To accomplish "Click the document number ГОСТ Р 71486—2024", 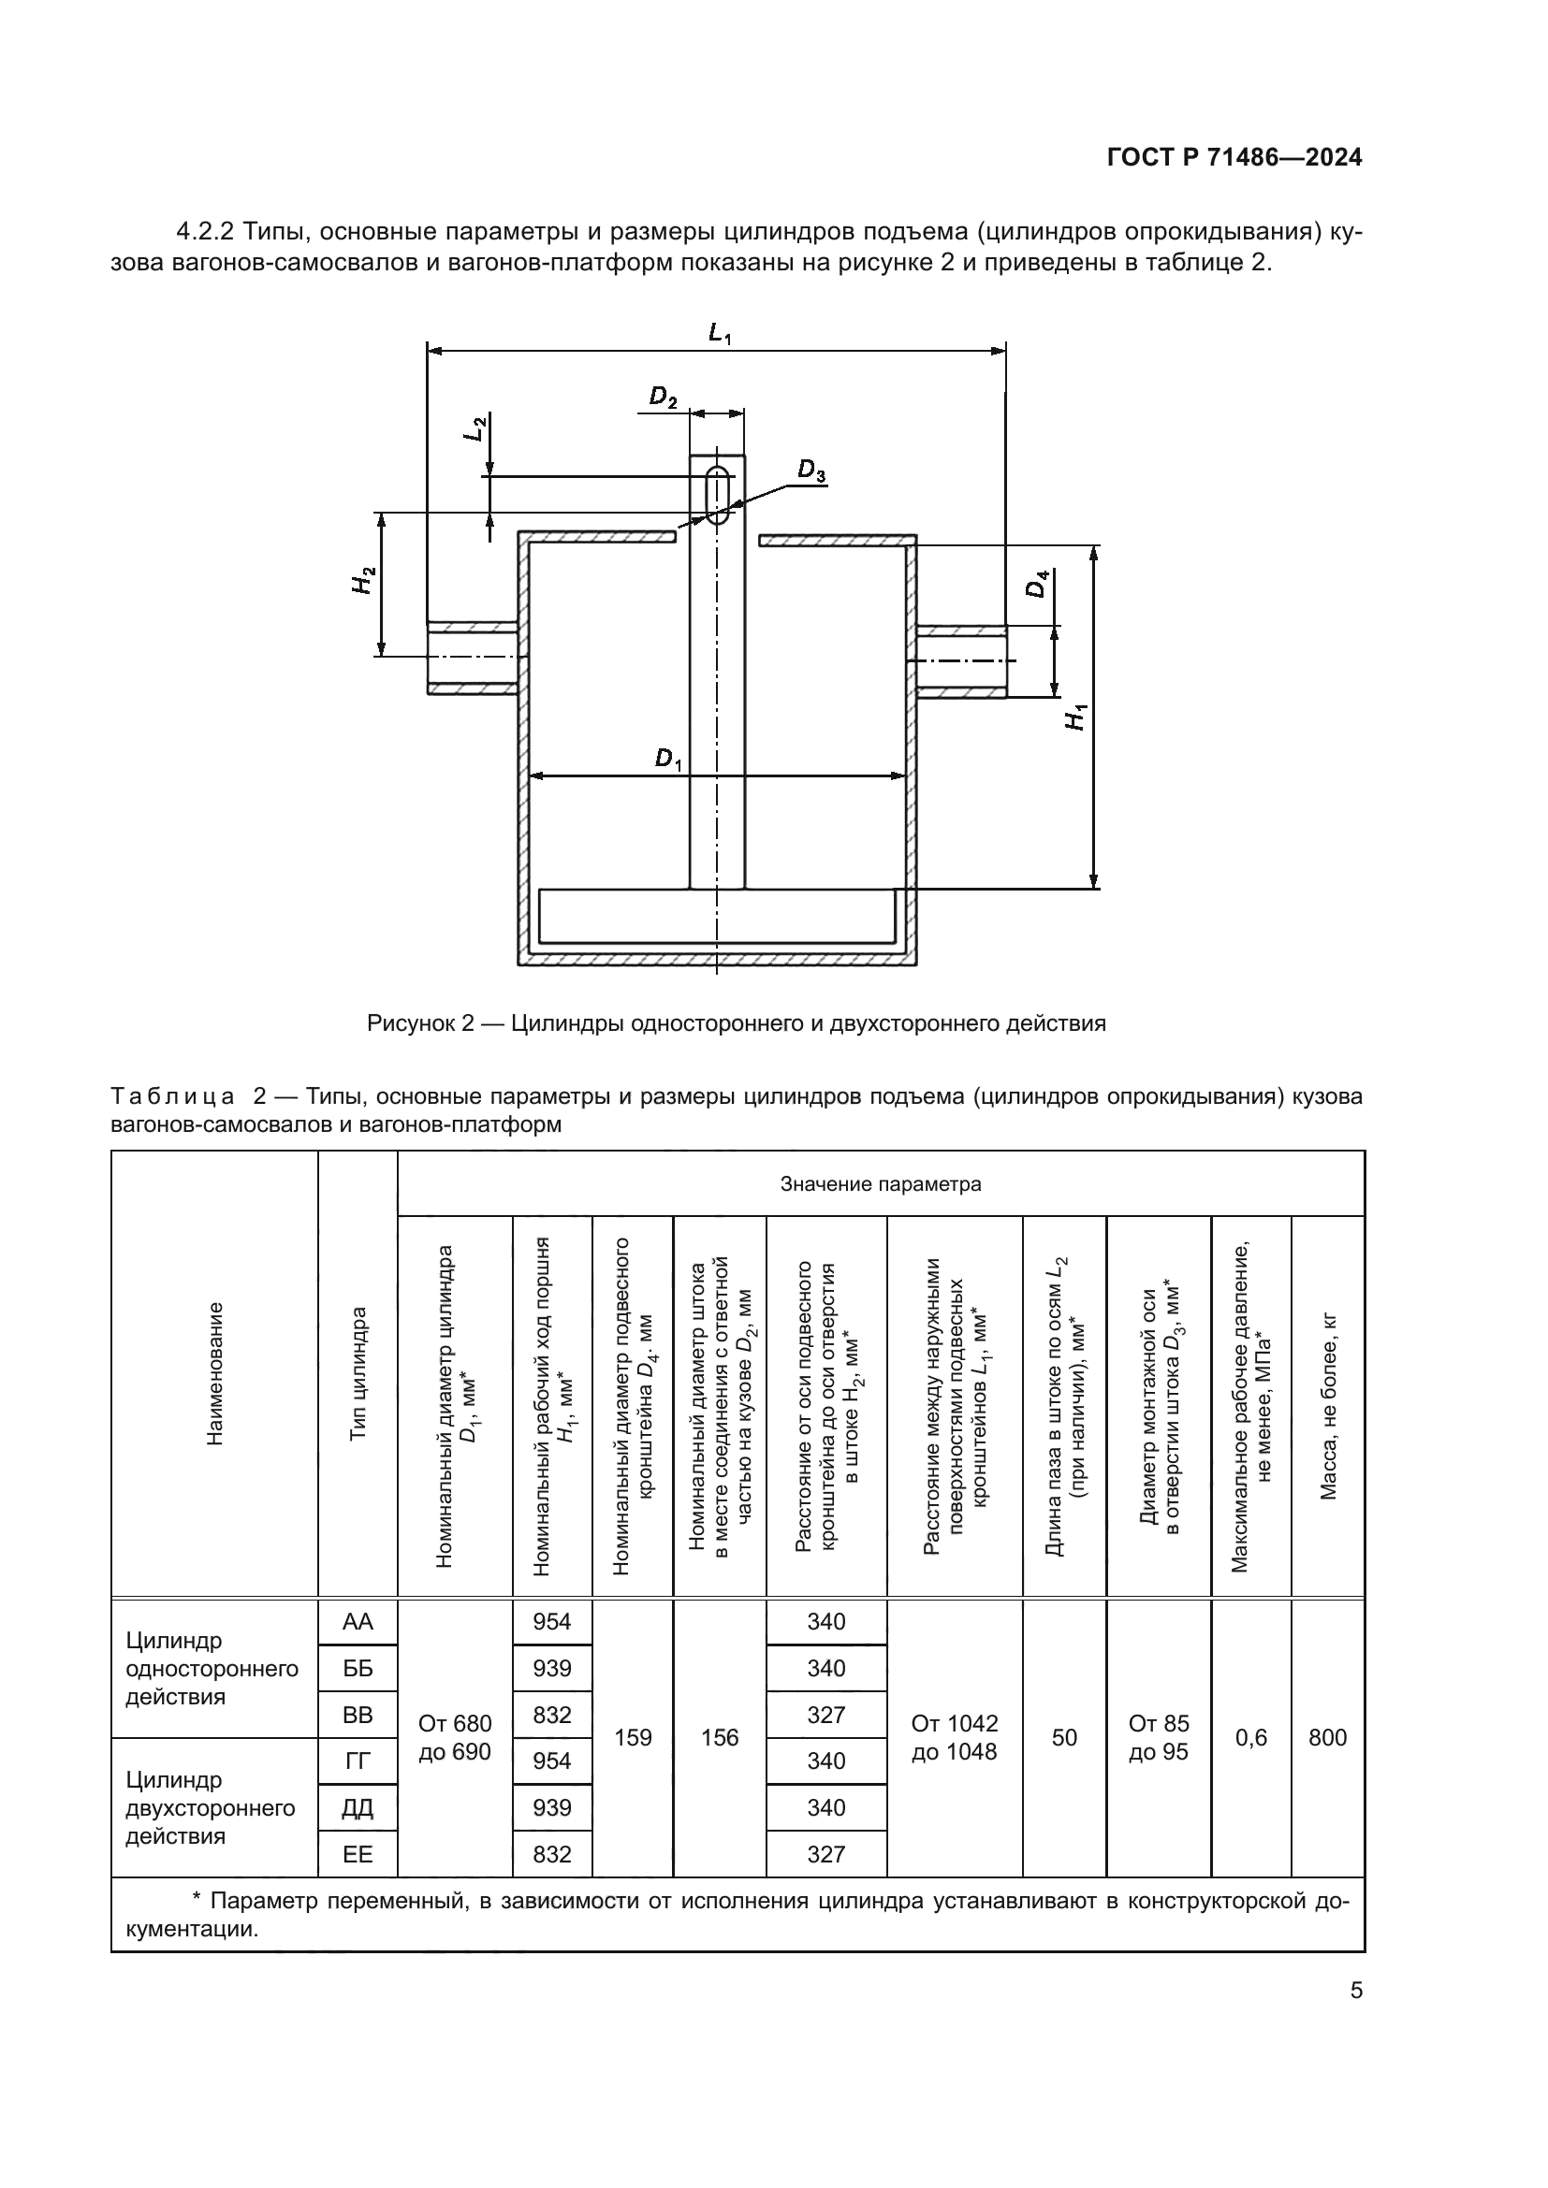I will coord(1234,158).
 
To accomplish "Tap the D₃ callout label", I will coord(811,470).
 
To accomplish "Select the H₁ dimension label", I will coord(1076,716).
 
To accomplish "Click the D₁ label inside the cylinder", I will coord(669,760).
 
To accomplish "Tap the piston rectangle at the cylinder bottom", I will coord(717,916).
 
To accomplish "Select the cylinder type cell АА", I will coord(358,1621).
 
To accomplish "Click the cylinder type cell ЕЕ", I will coord(358,1853).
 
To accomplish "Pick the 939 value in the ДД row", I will coord(552,1807).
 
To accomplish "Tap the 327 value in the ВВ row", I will coord(825,1715).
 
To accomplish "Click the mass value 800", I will coord(1327,1737).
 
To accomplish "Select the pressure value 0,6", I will coord(1250,1737).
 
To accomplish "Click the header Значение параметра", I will coord(880,1183).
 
